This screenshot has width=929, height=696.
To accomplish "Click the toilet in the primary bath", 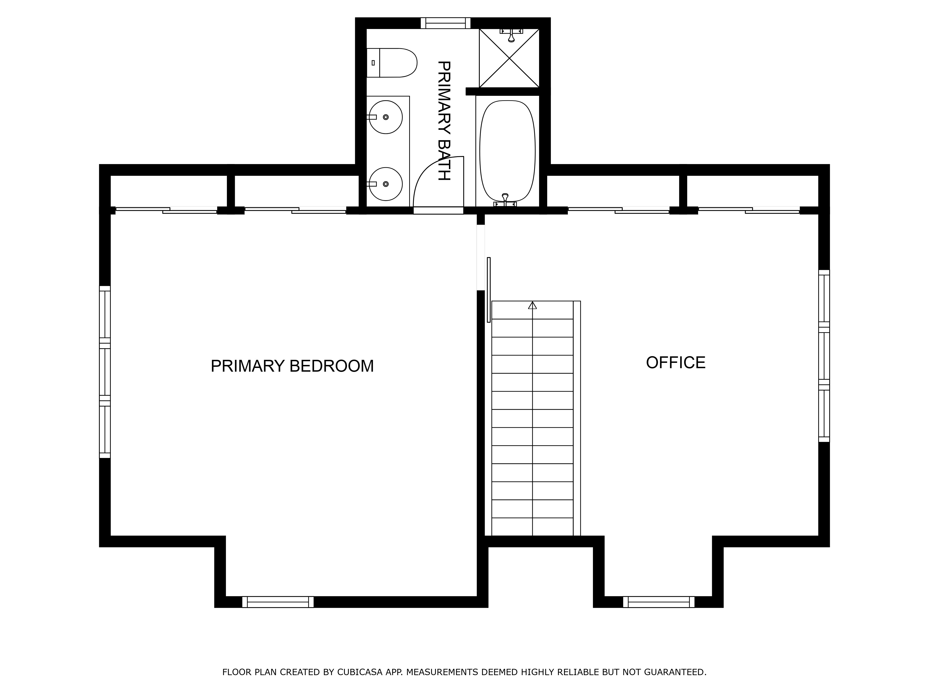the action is pyautogui.click(x=391, y=63).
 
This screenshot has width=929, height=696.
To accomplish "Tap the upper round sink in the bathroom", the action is pyautogui.click(x=386, y=117).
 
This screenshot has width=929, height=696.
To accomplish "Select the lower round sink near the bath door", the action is pyautogui.click(x=386, y=184).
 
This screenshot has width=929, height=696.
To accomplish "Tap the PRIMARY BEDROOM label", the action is pyautogui.click(x=292, y=366).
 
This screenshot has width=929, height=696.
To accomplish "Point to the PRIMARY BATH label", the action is pyautogui.click(x=444, y=121).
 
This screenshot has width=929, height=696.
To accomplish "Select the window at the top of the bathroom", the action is pyautogui.click(x=446, y=23).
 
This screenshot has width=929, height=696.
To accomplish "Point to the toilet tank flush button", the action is pyautogui.click(x=373, y=63).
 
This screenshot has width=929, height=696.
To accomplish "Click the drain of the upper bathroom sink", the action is pyautogui.click(x=386, y=117).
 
